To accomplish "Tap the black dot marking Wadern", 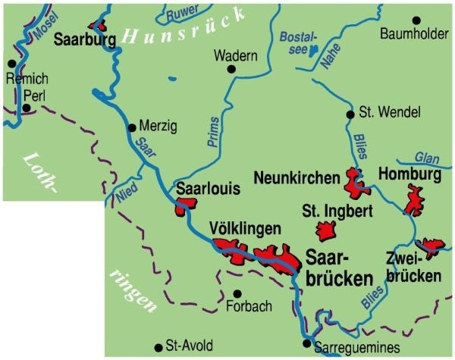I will [x=231, y=70].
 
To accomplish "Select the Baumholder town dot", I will [x=415, y=20].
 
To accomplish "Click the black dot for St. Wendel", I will [x=350, y=114].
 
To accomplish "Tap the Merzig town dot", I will [x=132, y=127].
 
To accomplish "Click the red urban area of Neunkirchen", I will [x=353, y=181].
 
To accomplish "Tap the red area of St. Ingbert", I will [x=327, y=230].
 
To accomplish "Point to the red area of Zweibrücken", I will [x=431, y=246].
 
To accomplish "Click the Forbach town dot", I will [x=237, y=293].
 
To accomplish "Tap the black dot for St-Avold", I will [x=158, y=346].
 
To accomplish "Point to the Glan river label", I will [x=428, y=158].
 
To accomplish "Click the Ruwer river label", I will [x=183, y=13].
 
